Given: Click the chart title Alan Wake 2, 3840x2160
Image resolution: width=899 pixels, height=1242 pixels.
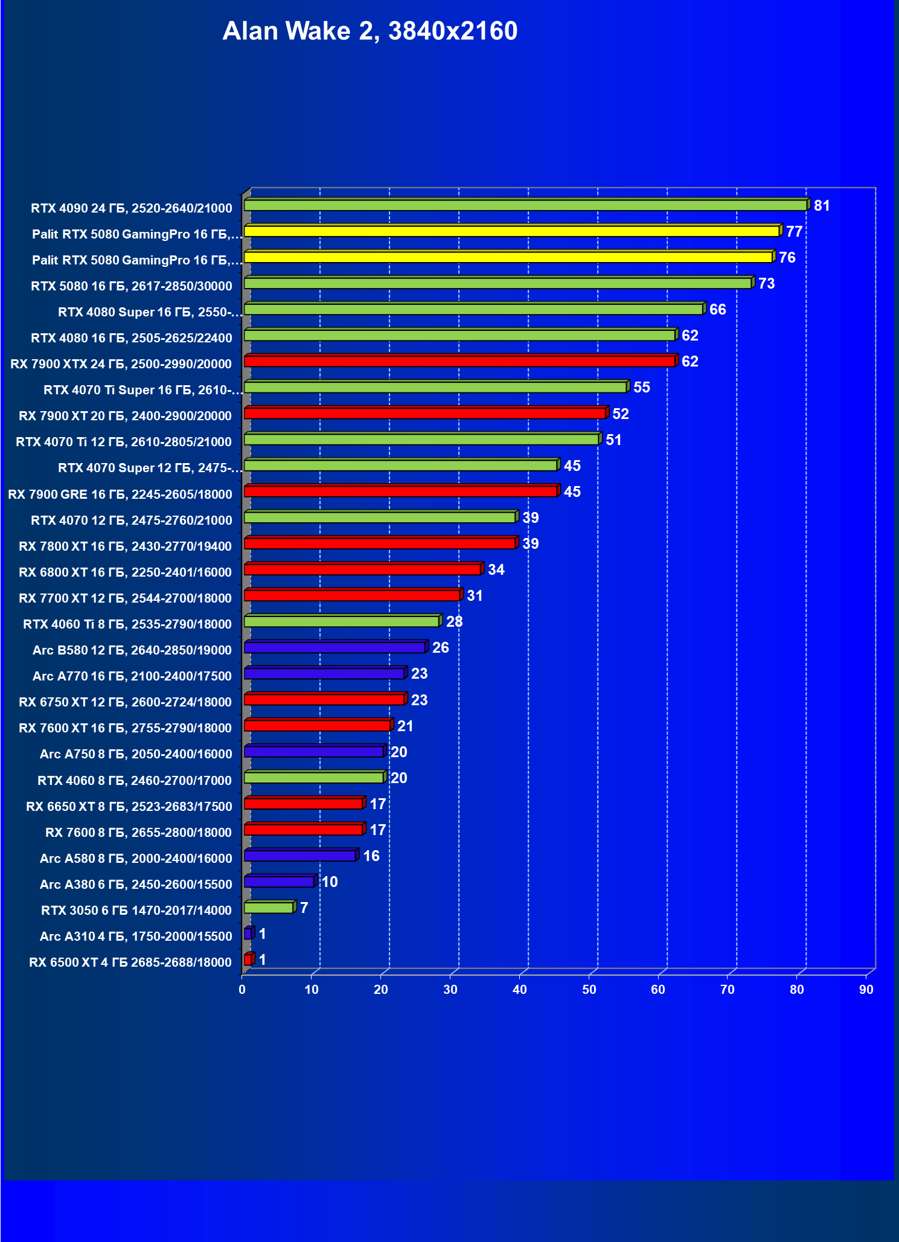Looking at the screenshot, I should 370,31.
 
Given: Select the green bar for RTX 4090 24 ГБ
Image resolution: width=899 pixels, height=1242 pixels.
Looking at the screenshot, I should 525,205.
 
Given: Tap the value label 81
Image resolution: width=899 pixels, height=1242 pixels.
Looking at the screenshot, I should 822,206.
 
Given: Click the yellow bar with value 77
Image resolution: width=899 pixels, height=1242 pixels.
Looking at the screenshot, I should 511,231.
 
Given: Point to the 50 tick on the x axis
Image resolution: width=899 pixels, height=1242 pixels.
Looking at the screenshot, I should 589,990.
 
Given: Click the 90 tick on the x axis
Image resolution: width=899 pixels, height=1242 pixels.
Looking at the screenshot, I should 866,990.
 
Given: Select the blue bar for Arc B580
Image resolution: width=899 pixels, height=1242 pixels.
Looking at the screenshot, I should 334,648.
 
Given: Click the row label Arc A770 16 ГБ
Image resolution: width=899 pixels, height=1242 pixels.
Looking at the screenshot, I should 132,676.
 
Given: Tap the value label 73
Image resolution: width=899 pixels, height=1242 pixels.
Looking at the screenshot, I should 766,284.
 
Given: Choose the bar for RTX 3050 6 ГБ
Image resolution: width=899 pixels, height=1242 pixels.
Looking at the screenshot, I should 269,907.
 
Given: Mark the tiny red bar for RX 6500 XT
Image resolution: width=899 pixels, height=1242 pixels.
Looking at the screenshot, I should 248,960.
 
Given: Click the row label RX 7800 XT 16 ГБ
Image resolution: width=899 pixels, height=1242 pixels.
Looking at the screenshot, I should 125,546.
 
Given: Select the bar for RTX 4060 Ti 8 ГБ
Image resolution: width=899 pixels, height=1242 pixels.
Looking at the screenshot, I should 341,622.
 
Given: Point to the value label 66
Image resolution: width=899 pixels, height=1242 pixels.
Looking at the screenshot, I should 717,310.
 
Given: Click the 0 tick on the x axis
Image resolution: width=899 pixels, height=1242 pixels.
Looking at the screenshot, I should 242,990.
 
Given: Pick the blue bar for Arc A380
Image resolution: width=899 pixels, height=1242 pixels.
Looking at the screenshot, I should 279,882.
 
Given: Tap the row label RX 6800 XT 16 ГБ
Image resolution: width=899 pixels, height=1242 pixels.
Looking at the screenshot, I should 125,572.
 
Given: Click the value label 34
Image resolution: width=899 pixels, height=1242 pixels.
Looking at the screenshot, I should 496,570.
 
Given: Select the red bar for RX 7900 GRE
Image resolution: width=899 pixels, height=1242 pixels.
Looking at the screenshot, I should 400,491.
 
